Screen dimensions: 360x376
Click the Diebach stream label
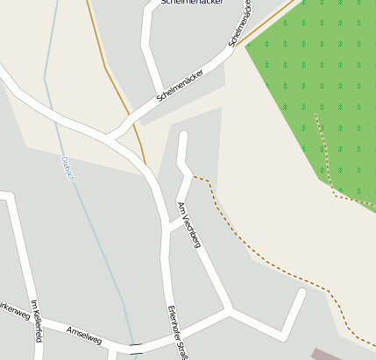point(69,169)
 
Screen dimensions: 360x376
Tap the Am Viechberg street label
point(189,223)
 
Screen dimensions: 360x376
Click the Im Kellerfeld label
point(36,320)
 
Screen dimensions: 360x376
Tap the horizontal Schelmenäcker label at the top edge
point(192,3)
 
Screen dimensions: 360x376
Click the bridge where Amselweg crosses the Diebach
point(135,349)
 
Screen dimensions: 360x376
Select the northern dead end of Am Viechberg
point(183,134)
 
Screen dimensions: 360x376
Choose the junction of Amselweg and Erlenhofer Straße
point(172,329)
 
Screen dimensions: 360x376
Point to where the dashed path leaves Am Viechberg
point(194,177)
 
